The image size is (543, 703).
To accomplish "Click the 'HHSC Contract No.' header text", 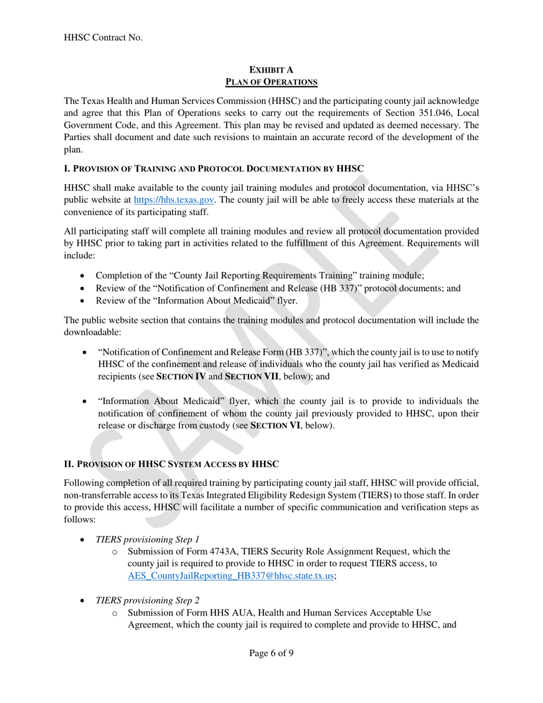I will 103,37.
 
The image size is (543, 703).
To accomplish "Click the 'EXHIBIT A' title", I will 271,70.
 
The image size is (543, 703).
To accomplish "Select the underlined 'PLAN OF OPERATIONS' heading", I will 271,82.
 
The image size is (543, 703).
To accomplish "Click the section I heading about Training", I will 214,169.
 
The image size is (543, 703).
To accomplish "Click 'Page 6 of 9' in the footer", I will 271,653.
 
